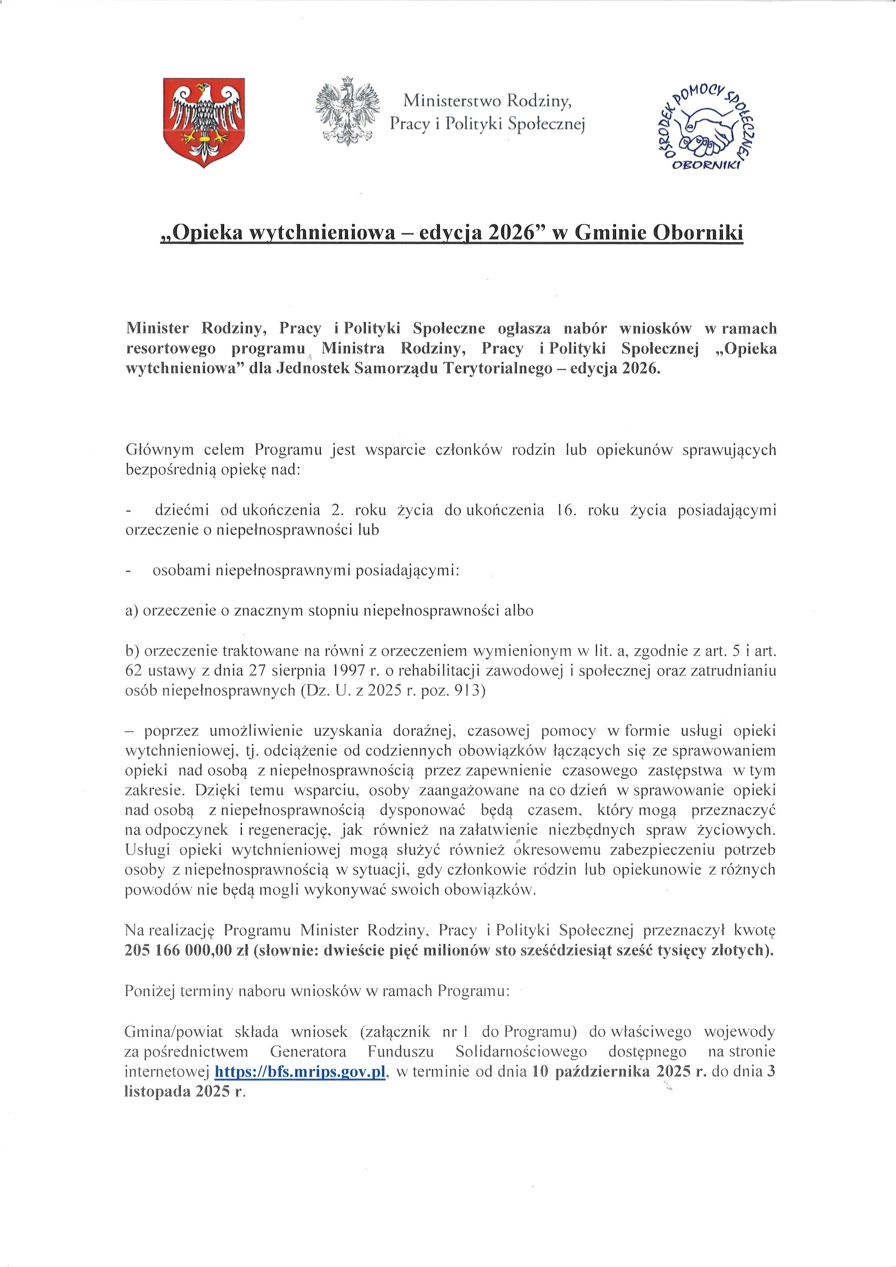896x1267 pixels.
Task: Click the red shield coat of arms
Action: (205, 122)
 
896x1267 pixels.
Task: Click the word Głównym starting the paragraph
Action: (158, 450)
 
